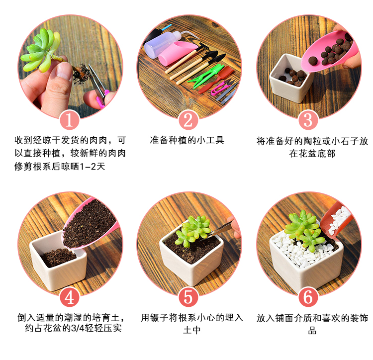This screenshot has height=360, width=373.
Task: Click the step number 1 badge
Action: (69, 120)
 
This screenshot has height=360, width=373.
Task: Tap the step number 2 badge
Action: (188, 120)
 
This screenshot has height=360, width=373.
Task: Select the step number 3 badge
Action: (308, 120)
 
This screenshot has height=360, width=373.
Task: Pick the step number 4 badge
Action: (69, 297)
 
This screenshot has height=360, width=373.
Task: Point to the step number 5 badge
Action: (188, 297)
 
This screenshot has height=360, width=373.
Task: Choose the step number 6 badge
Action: (308, 297)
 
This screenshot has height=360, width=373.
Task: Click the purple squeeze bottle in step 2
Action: (164, 43)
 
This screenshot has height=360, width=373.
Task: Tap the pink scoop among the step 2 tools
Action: (177, 54)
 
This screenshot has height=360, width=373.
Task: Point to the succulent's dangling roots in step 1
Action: (81, 74)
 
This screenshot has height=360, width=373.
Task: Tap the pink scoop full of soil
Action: (89, 224)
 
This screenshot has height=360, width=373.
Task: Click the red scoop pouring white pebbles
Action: (336, 221)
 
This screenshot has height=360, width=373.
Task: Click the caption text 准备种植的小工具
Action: (187, 140)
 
